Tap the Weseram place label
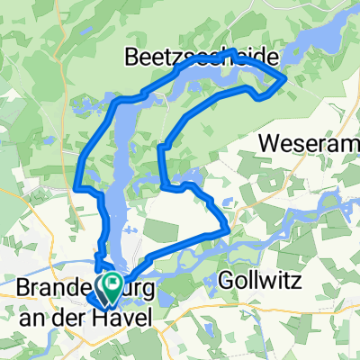click(x=309, y=143)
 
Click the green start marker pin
click(x=112, y=287)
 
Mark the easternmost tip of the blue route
click(x=286, y=79)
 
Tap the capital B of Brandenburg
click(x=24, y=289)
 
